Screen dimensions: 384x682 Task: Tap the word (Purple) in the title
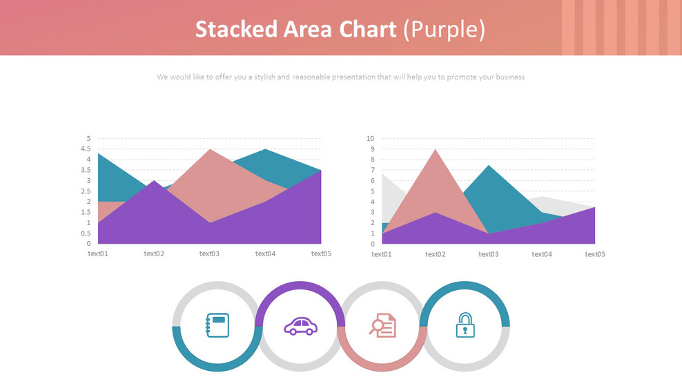(444, 29)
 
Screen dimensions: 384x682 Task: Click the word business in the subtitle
(509, 77)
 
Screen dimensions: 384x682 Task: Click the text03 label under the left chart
(209, 253)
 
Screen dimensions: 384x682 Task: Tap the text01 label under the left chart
(98, 253)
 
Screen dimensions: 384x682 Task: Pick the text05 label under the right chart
(595, 253)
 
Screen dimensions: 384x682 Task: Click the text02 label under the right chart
(435, 253)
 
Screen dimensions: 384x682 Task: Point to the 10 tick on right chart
(369, 139)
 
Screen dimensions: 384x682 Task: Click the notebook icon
(217, 325)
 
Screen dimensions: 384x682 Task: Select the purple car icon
(300, 326)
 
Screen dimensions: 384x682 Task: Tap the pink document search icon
(383, 325)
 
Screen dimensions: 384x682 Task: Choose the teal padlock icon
(465, 325)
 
